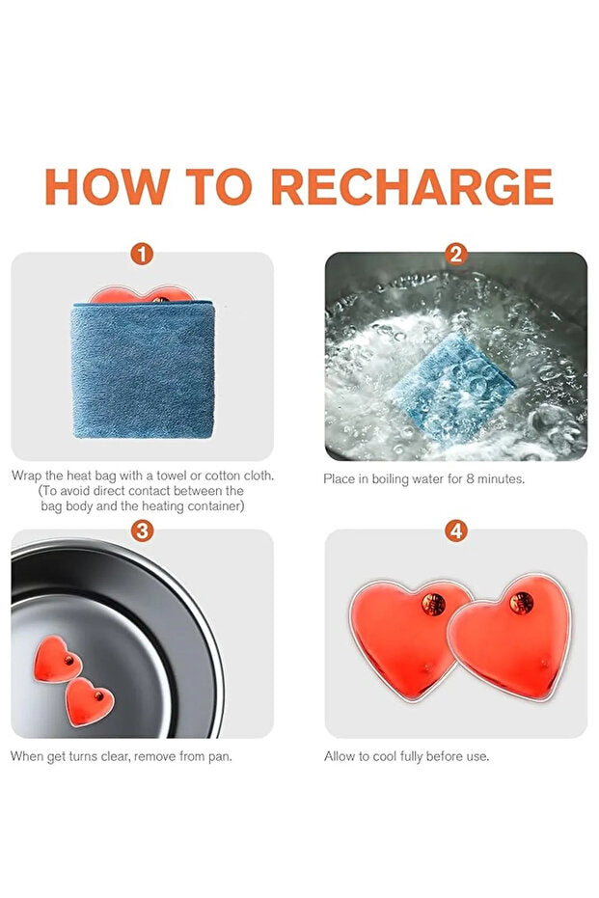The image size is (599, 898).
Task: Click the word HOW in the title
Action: pyautogui.click(x=106, y=187)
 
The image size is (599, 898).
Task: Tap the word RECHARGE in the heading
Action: pyautogui.click(x=412, y=187)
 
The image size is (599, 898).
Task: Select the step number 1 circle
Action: pyautogui.click(x=142, y=254)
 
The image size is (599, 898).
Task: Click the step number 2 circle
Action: pyautogui.click(x=456, y=254)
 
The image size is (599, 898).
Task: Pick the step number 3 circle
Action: pyautogui.click(x=142, y=531)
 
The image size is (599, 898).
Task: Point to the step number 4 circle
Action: pyautogui.click(x=456, y=531)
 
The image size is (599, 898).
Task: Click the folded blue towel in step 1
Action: pyautogui.click(x=143, y=369)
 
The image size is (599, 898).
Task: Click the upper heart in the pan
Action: pyautogui.click(x=56, y=658)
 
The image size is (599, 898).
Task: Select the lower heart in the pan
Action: pyautogui.click(x=89, y=701)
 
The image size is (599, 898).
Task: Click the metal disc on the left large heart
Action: pyautogui.click(x=433, y=604)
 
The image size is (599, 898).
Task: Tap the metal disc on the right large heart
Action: pyautogui.click(x=522, y=603)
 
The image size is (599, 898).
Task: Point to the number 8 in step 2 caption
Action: pyautogui.click(x=470, y=478)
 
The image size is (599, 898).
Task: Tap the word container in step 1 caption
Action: pyautogui.click(x=215, y=506)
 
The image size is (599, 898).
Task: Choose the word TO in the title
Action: pyautogui.click(x=219, y=187)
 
